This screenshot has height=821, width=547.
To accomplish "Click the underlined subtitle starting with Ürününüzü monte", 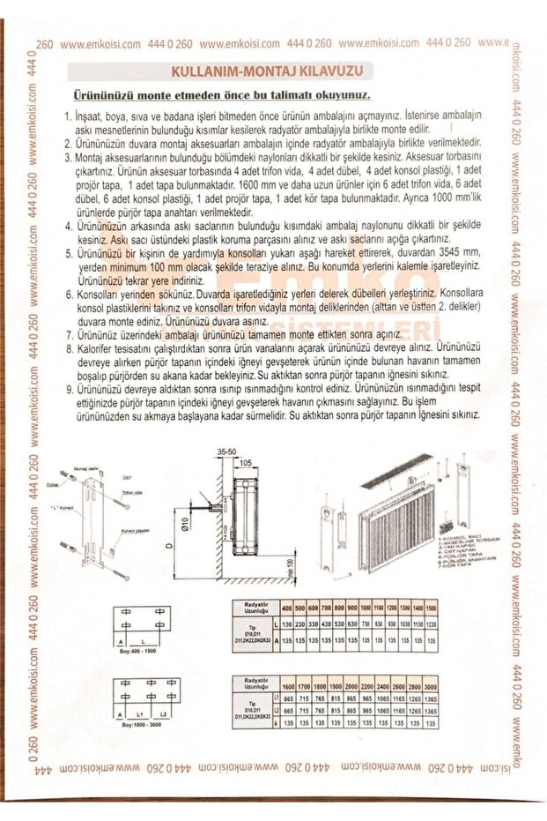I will point(221,94).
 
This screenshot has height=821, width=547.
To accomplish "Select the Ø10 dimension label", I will point(187,526).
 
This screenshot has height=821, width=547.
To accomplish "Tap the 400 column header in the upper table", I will point(287,609).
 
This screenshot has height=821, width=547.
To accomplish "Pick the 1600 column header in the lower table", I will point(288,686).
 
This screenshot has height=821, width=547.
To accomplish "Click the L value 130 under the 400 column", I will point(287,625).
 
